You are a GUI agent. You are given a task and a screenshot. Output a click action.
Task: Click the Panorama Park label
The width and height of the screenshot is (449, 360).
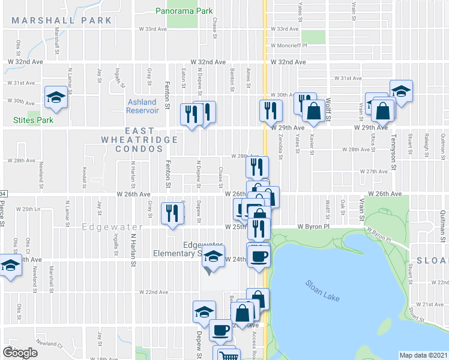(184, 11)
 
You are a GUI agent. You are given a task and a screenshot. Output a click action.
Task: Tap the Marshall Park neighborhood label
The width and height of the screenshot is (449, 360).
(62, 20)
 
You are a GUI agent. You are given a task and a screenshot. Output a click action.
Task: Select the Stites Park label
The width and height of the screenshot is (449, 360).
(33, 120)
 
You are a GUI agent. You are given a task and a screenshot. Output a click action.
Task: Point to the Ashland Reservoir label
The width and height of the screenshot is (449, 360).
(142, 106)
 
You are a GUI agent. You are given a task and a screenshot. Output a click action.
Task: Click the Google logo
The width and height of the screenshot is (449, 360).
(20, 352)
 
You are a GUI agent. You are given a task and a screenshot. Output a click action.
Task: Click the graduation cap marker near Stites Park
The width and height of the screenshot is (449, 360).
(56, 97)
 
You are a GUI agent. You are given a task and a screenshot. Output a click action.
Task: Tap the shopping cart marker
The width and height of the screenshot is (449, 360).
(226, 355)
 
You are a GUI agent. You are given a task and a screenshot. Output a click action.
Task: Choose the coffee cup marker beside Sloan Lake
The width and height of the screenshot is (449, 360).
(259, 256)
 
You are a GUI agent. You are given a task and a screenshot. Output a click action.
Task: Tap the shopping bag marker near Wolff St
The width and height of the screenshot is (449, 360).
(314, 110)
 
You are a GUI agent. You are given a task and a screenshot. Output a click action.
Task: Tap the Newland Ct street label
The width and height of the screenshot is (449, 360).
(52, 344)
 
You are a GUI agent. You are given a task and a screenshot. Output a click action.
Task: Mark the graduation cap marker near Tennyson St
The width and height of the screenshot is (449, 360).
(400, 91)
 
